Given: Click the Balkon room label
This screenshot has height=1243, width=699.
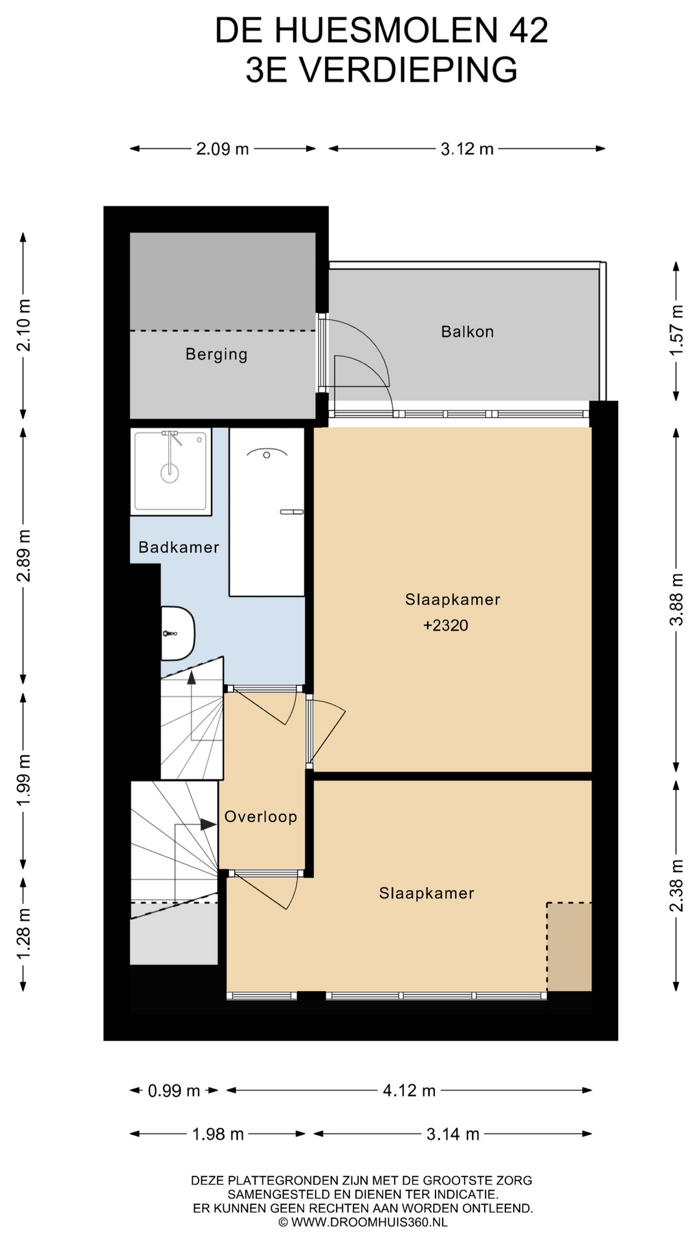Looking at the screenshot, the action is (467, 331).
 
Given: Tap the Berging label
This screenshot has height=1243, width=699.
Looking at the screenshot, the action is (216, 355).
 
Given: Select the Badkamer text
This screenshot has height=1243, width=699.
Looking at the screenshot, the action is (179, 547).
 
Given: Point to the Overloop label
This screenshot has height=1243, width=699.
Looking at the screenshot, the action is (261, 817).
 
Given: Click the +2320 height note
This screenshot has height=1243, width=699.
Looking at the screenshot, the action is (445, 625).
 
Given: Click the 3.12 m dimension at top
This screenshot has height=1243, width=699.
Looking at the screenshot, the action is (467, 149).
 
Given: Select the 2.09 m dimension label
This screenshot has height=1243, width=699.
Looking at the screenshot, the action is (223, 149).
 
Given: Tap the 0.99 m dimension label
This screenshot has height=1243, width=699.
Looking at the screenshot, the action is (174, 1091).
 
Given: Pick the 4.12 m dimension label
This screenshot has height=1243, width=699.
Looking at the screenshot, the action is (409, 1091).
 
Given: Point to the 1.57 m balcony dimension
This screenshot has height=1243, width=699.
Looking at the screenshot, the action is (676, 330).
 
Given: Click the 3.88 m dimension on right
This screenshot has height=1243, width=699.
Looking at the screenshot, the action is (676, 599).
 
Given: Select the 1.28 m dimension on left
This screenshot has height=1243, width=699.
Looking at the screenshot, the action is (23, 934).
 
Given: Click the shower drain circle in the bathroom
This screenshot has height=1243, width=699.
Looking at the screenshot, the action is (170, 472).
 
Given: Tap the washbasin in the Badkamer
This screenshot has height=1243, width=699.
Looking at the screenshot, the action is (178, 633).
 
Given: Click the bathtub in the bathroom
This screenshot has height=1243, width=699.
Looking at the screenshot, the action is (267, 511).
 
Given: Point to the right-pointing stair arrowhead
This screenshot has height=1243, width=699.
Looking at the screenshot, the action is (208, 825).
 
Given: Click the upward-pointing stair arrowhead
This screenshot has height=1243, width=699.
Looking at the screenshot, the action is (192, 678).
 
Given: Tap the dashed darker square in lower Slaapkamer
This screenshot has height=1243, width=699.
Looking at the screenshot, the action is (570, 946).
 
